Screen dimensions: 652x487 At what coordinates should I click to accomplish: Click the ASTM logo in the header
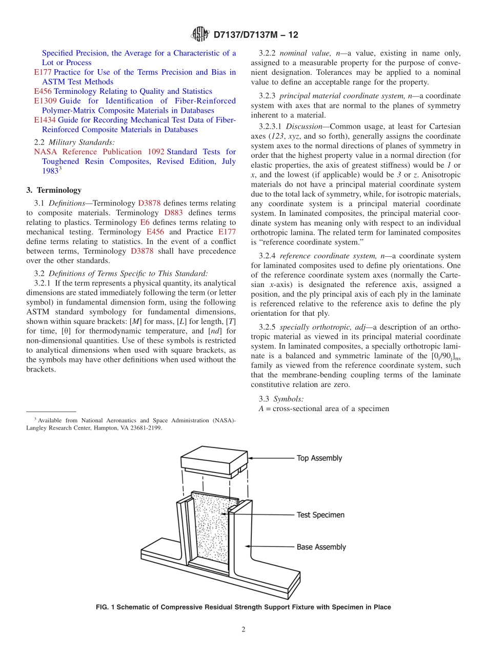pyautogui.click(x=199, y=34)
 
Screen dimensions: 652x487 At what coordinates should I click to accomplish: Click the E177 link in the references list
pyautogui.click(x=43, y=72)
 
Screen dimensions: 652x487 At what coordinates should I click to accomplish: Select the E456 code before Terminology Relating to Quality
pyautogui.click(x=44, y=91)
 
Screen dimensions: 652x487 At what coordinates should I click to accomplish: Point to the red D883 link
pyautogui.click(x=173, y=213)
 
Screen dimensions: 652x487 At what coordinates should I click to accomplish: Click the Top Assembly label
pyautogui.click(x=319, y=458)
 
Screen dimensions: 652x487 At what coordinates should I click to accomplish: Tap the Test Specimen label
pyautogui.click(x=320, y=515)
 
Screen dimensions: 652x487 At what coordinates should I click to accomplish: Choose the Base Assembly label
pyautogui.click(x=321, y=547)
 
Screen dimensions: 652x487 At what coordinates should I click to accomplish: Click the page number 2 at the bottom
pyautogui.click(x=243, y=629)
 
